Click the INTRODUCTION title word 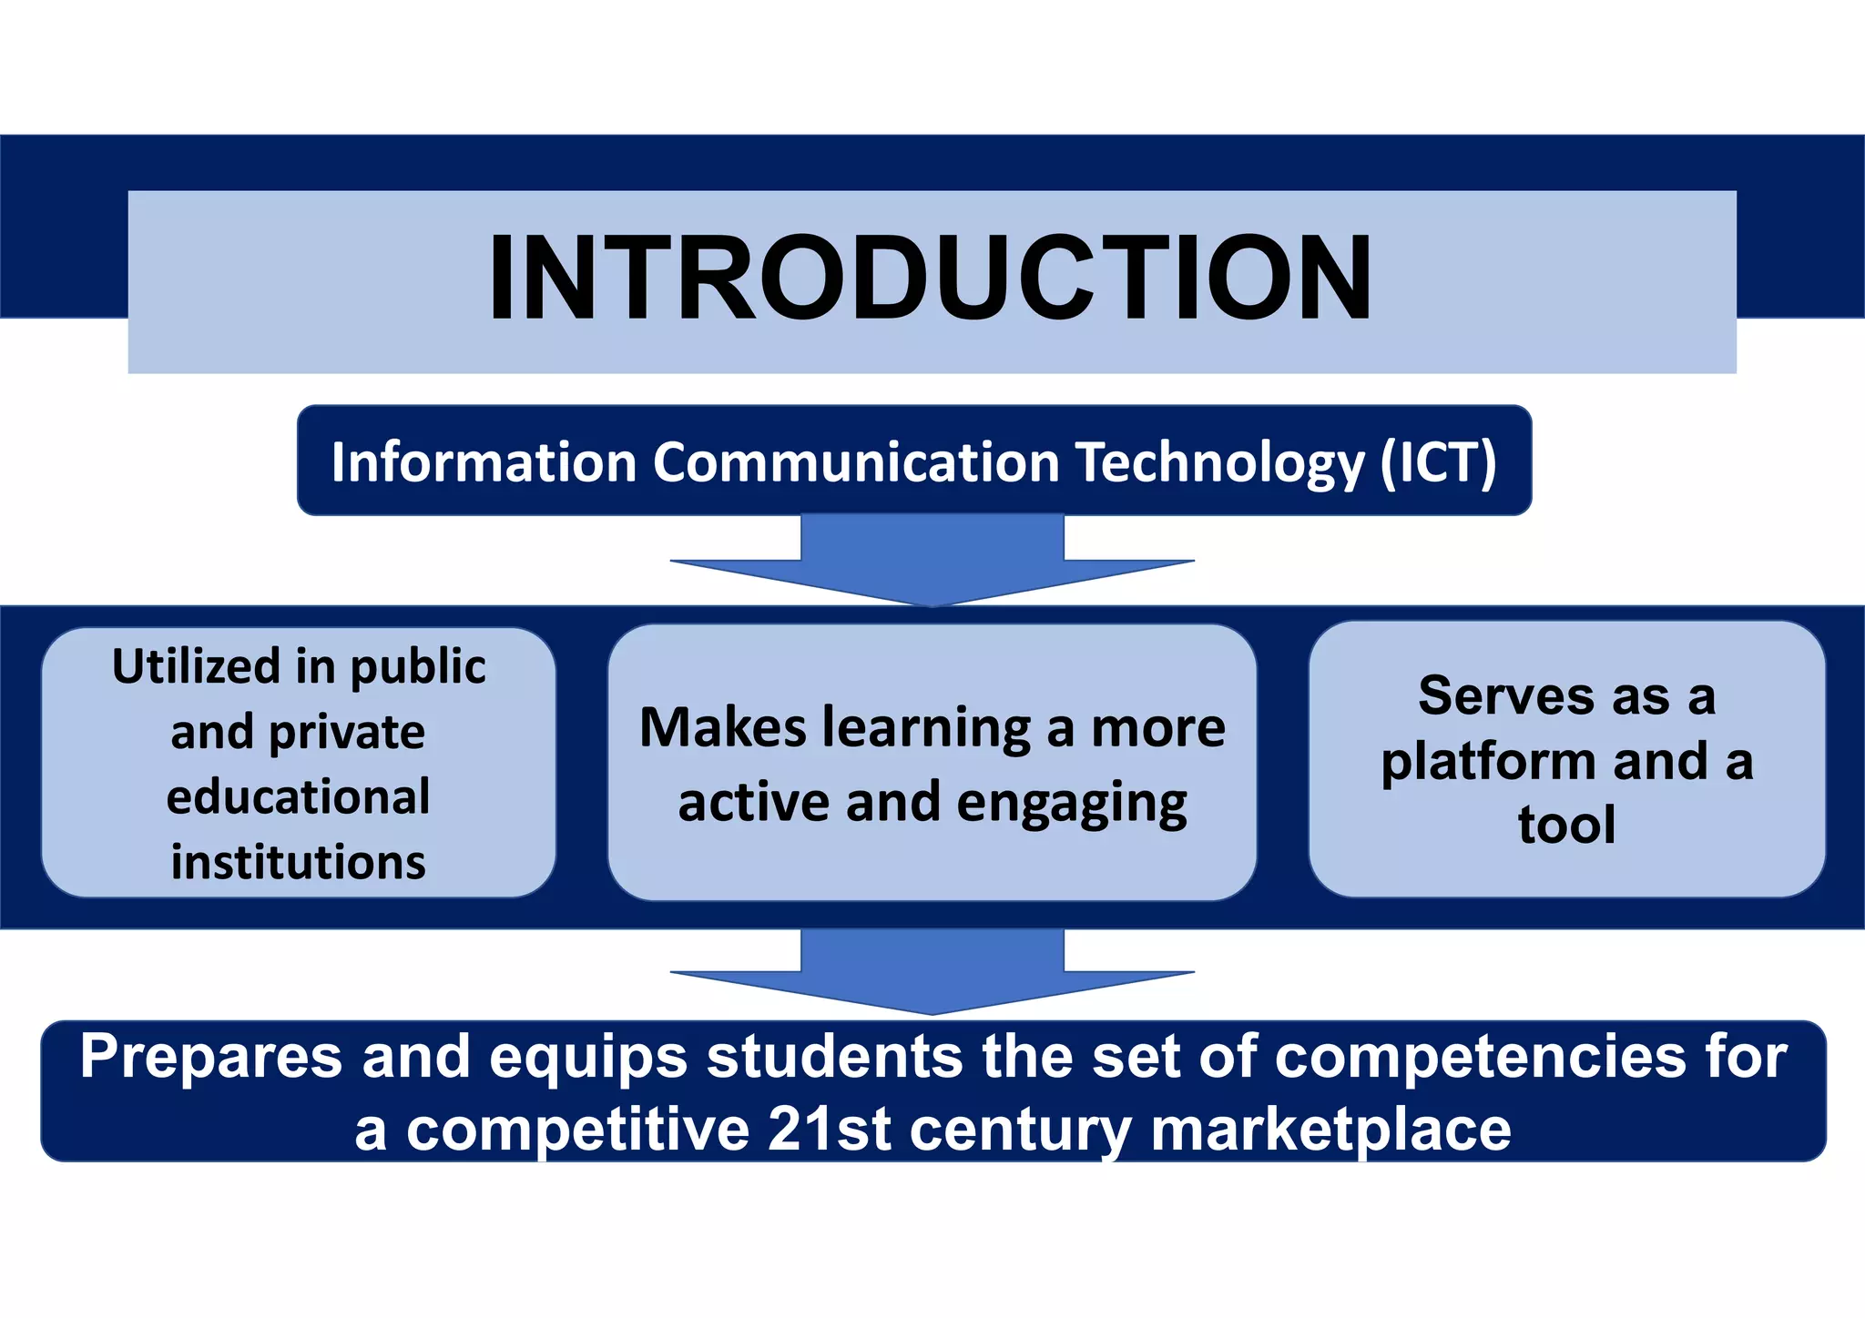pyautogui.click(x=930, y=278)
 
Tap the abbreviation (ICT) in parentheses pyautogui.click(x=1438, y=462)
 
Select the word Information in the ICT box pyautogui.click(x=483, y=462)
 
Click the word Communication pyautogui.click(x=856, y=462)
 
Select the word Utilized pyautogui.click(x=196, y=666)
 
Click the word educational pyautogui.click(x=298, y=797)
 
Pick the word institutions pyautogui.click(x=298, y=862)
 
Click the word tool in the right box pyautogui.click(x=1566, y=825)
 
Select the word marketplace pyautogui.click(x=1330, y=1131)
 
